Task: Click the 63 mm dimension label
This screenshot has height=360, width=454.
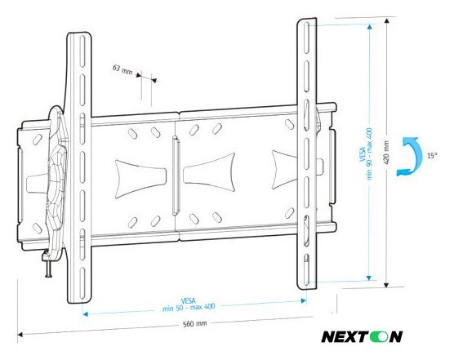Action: tap(122, 69)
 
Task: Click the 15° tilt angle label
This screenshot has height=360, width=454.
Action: tap(430, 154)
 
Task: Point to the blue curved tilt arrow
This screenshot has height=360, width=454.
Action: tap(406, 157)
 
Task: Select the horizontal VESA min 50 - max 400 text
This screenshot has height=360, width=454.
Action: tap(193, 303)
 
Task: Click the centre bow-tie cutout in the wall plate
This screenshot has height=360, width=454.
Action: tap(209, 174)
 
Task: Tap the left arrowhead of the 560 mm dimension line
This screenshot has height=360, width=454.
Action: tap(20, 332)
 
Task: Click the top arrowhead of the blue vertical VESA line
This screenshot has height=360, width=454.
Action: tap(371, 25)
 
